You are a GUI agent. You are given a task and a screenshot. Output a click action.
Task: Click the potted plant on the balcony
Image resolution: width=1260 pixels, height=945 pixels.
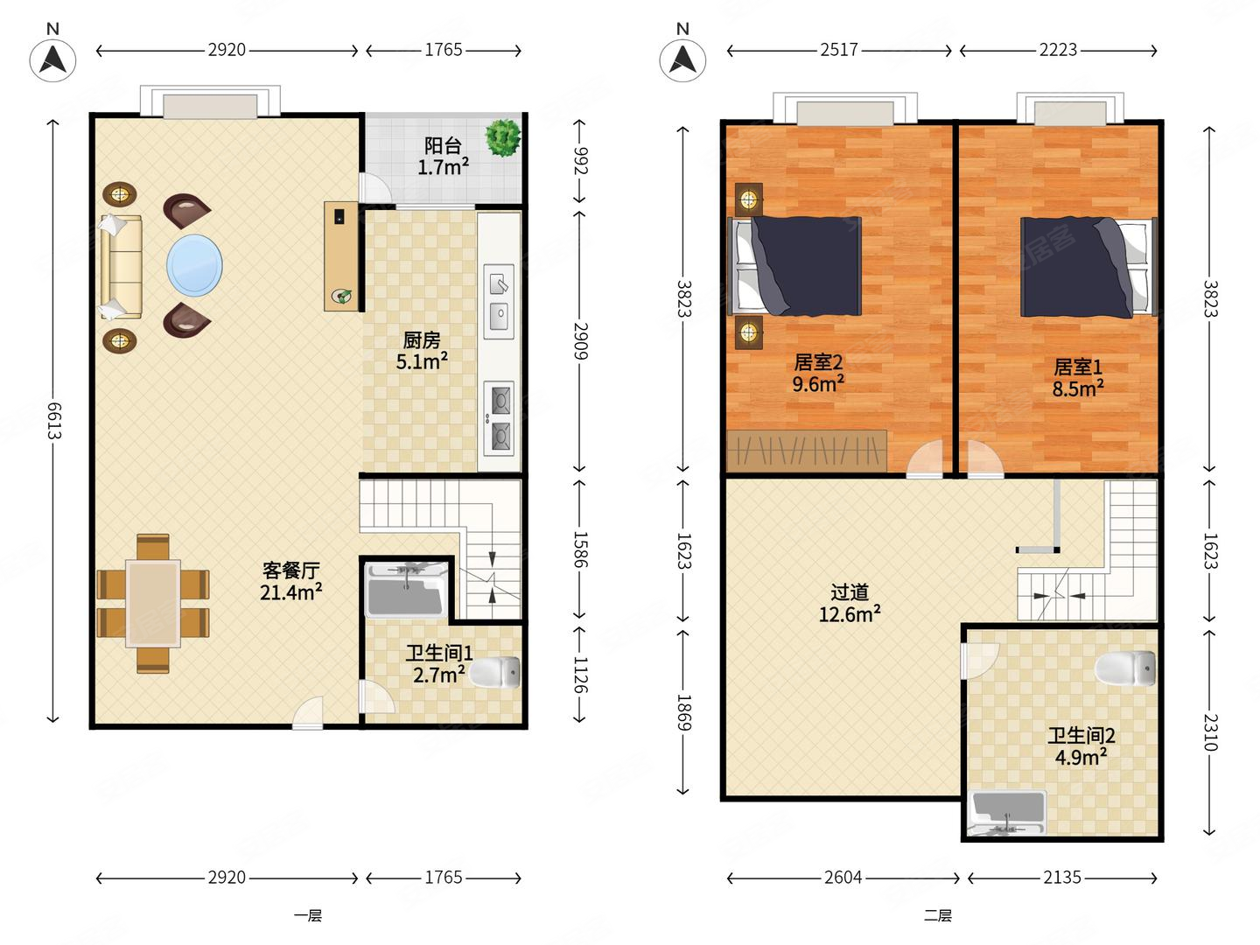pyautogui.click(x=503, y=137)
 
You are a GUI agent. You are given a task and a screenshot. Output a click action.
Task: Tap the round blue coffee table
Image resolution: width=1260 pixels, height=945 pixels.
pyautogui.click(x=194, y=265)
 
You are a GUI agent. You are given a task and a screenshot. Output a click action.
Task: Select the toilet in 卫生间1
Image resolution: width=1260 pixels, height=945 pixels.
pyautogui.click(x=495, y=672)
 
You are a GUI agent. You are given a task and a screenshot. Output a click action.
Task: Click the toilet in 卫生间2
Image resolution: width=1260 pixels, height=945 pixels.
pyautogui.click(x=1125, y=668)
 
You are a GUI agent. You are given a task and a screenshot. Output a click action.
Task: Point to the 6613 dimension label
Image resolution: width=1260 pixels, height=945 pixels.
pyautogui.click(x=54, y=421)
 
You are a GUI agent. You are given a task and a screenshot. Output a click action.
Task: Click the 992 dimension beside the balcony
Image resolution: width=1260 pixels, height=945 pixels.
pyautogui.click(x=580, y=161)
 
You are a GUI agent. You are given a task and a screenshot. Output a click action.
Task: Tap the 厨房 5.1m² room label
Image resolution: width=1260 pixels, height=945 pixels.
pyautogui.click(x=422, y=351)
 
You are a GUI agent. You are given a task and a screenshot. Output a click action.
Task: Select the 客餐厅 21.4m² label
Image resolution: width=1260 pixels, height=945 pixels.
pyautogui.click(x=291, y=581)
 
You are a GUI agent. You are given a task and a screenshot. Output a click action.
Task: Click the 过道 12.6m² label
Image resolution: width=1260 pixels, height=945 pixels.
pyautogui.click(x=850, y=603)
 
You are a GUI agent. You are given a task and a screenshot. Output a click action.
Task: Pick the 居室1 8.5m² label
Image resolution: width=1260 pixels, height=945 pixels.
pyautogui.click(x=1077, y=377)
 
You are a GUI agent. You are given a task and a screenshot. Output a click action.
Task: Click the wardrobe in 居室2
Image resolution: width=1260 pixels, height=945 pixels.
pyautogui.click(x=807, y=451)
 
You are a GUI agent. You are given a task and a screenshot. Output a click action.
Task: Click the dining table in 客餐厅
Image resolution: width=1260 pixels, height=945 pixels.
pyautogui.click(x=153, y=604)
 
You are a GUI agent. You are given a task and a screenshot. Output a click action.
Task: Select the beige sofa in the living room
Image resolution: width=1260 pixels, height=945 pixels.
pyautogui.click(x=121, y=267)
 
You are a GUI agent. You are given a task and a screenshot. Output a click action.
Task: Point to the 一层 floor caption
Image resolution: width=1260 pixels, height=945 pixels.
pyautogui.click(x=308, y=915)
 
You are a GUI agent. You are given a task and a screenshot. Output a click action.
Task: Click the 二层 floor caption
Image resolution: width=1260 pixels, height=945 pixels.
pyautogui.click(x=937, y=915)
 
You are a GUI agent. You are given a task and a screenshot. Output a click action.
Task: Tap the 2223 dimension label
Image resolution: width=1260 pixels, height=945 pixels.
pyautogui.click(x=1058, y=51)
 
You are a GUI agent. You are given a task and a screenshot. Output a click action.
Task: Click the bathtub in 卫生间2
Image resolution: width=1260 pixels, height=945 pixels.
pyautogui.click(x=1007, y=814)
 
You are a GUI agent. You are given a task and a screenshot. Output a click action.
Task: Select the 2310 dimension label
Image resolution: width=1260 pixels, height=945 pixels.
pyautogui.click(x=1210, y=732)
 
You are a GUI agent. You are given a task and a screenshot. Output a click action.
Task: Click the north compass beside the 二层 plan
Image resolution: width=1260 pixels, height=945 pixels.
pyautogui.click(x=682, y=59)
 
